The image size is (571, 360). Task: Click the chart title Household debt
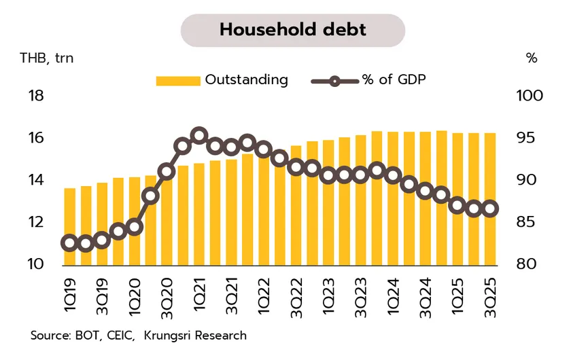coord(293,30)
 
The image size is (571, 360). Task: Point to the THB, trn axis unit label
coord(46,58)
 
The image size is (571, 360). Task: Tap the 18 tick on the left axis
coord(35,96)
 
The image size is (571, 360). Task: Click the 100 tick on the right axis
coord(530,96)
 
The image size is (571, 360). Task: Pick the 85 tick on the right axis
coord(525,222)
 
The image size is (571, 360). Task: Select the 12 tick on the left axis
coord(35,222)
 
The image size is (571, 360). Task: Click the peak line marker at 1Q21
coord(198,136)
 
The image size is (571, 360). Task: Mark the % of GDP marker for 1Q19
coord(69,243)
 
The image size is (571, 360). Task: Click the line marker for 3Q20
coord(167,170)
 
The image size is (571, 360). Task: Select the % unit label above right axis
coord(532,58)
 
